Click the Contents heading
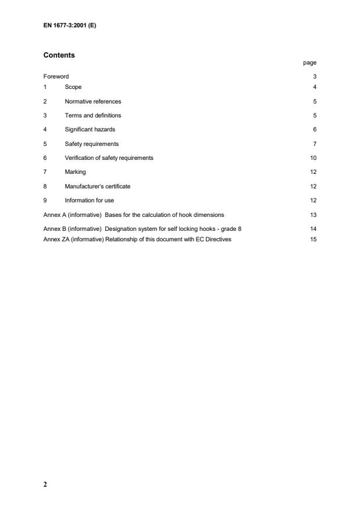[59, 55]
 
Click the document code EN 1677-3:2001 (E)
[70, 26]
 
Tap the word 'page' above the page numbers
[309, 63]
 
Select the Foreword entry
[56, 76]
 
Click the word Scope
[73, 87]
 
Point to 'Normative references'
[92, 101]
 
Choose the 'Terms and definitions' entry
[92, 115]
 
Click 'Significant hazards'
[90, 129]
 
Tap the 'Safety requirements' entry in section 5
[91, 144]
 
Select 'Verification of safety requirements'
[109, 158]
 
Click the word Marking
[75, 172]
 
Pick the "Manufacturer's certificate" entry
[97, 186]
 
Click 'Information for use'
[89, 201]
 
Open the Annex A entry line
[133, 215]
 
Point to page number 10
[313, 158]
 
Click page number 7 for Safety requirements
[314, 144]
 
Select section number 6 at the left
[45, 158]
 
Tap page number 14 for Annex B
[313, 229]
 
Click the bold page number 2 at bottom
[45, 484]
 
